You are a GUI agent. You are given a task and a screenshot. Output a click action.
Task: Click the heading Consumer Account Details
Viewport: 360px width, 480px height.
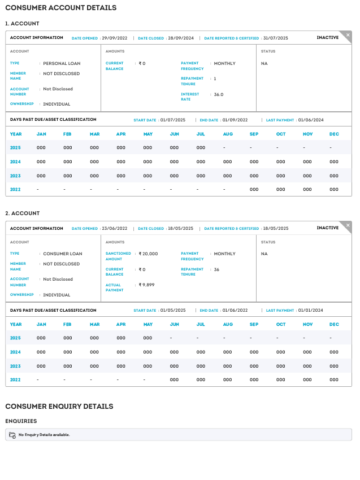(60, 8)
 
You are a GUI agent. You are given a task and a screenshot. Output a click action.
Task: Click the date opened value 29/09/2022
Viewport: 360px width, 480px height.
(114, 38)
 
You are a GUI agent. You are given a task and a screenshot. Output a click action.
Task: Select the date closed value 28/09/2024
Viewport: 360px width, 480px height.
(180, 38)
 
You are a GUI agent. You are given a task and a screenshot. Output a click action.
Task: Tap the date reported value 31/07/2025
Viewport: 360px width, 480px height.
(276, 38)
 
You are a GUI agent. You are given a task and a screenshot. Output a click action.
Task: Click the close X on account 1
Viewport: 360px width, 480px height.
(348, 35)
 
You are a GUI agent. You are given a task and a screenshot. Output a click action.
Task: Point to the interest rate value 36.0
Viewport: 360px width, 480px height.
(219, 94)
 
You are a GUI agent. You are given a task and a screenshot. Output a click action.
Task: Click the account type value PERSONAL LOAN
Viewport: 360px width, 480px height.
(62, 63)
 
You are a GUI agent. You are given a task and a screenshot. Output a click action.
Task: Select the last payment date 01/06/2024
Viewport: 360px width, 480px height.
(311, 120)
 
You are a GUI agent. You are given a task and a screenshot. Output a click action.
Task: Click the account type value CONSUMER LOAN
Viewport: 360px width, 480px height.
(63, 254)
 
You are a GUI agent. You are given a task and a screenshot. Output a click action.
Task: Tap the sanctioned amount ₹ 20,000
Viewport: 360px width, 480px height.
(148, 254)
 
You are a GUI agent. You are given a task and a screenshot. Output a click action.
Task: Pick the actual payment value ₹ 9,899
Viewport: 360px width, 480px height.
(146, 285)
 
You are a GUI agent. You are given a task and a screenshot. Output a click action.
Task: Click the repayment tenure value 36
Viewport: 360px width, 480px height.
(216, 269)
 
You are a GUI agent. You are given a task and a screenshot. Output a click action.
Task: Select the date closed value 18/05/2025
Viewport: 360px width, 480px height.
(180, 229)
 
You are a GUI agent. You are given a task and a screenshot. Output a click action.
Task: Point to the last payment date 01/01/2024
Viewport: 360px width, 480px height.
(311, 310)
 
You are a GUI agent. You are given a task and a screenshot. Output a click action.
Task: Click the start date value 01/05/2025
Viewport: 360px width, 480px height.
(173, 310)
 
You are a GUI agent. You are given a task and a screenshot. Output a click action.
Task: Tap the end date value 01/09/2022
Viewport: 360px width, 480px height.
(235, 120)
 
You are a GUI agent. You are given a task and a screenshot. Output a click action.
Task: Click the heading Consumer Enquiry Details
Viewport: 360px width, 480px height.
(59, 406)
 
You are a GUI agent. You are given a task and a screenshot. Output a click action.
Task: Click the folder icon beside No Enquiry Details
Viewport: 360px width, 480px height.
(12, 435)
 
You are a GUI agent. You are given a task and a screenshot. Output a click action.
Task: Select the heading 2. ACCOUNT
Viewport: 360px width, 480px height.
(23, 213)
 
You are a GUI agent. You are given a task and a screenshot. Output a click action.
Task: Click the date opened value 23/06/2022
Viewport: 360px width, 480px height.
(114, 229)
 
